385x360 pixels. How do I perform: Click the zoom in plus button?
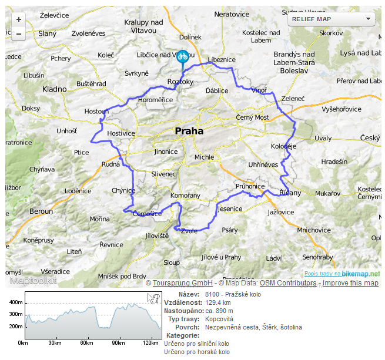[x=19, y=19]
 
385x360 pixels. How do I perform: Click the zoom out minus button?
[x=19, y=33]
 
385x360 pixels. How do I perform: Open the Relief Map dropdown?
[x=332, y=19]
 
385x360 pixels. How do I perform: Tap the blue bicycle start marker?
[x=182, y=56]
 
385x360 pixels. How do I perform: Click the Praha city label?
[x=189, y=132]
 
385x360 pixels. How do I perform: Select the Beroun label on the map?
[x=41, y=211]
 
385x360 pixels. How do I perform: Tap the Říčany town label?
[x=290, y=193]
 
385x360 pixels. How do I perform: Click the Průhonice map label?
[x=250, y=186]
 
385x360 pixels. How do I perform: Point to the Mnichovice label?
[x=314, y=230]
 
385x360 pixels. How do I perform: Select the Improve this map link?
[x=350, y=283]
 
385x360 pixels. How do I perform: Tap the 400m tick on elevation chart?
[x=15, y=302]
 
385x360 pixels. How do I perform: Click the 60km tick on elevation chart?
[x=86, y=343]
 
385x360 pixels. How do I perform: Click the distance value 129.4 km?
[x=218, y=302]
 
